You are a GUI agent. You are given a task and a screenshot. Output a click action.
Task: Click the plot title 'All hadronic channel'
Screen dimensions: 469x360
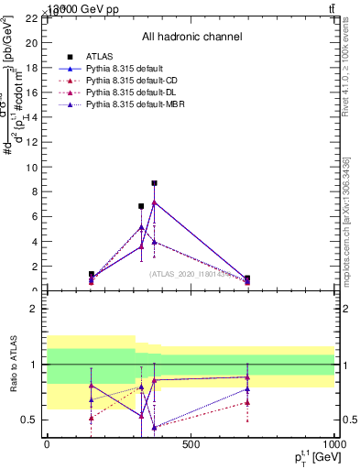click(191, 37)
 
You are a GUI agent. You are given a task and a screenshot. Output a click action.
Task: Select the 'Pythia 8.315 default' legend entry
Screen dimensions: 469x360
click(125, 69)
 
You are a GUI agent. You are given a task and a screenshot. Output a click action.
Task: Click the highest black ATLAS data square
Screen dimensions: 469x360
click(154, 183)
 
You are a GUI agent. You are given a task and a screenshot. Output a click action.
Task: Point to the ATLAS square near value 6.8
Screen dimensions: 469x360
click(141, 206)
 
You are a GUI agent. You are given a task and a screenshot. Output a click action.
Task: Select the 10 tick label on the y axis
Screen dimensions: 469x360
click(30, 168)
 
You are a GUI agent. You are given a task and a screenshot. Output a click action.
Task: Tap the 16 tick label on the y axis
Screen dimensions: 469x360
click(30, 93)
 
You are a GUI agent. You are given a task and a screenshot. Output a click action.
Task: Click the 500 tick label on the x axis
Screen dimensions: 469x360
click(191, 444)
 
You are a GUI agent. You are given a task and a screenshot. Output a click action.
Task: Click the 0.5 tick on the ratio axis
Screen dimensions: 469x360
click(28, 420)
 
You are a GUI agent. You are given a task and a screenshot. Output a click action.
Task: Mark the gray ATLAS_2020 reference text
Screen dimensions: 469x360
click(190, 273)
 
